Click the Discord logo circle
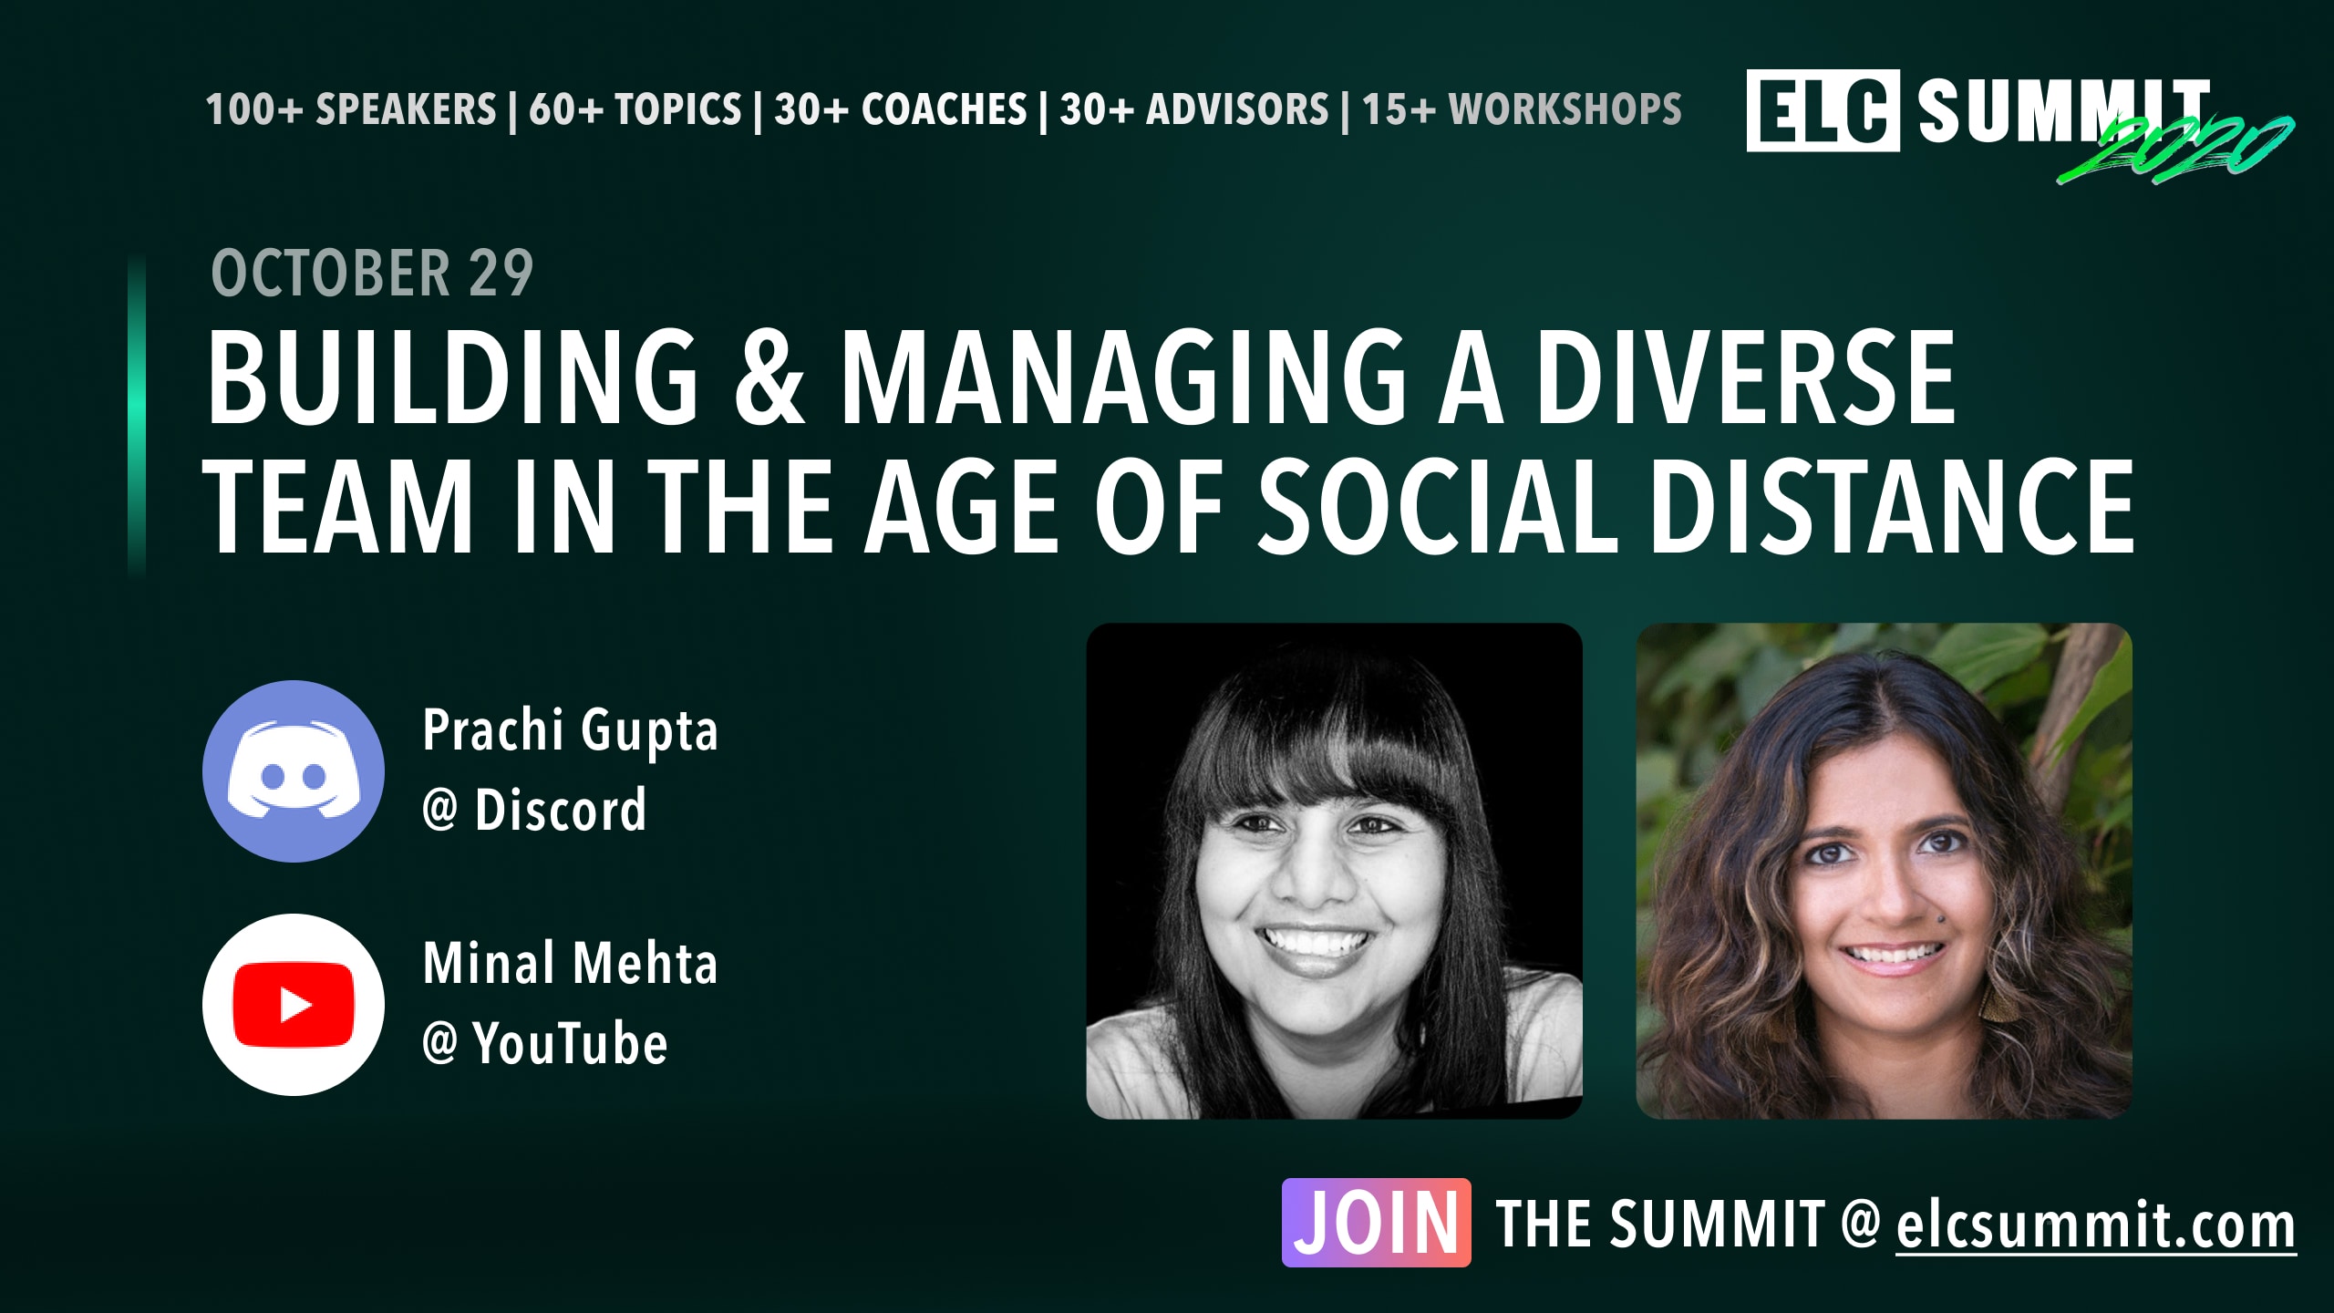294,771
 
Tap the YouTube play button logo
294,1005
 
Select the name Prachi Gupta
570,731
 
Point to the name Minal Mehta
570,964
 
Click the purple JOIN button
1376,1223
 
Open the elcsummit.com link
2095,1225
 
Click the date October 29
372,273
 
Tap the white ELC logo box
1823,110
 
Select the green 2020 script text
2174,150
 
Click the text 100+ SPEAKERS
351,109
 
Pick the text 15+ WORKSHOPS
1522,109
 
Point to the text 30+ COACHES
901,109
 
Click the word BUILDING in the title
453,377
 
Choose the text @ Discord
534,810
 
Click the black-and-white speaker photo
1334,871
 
